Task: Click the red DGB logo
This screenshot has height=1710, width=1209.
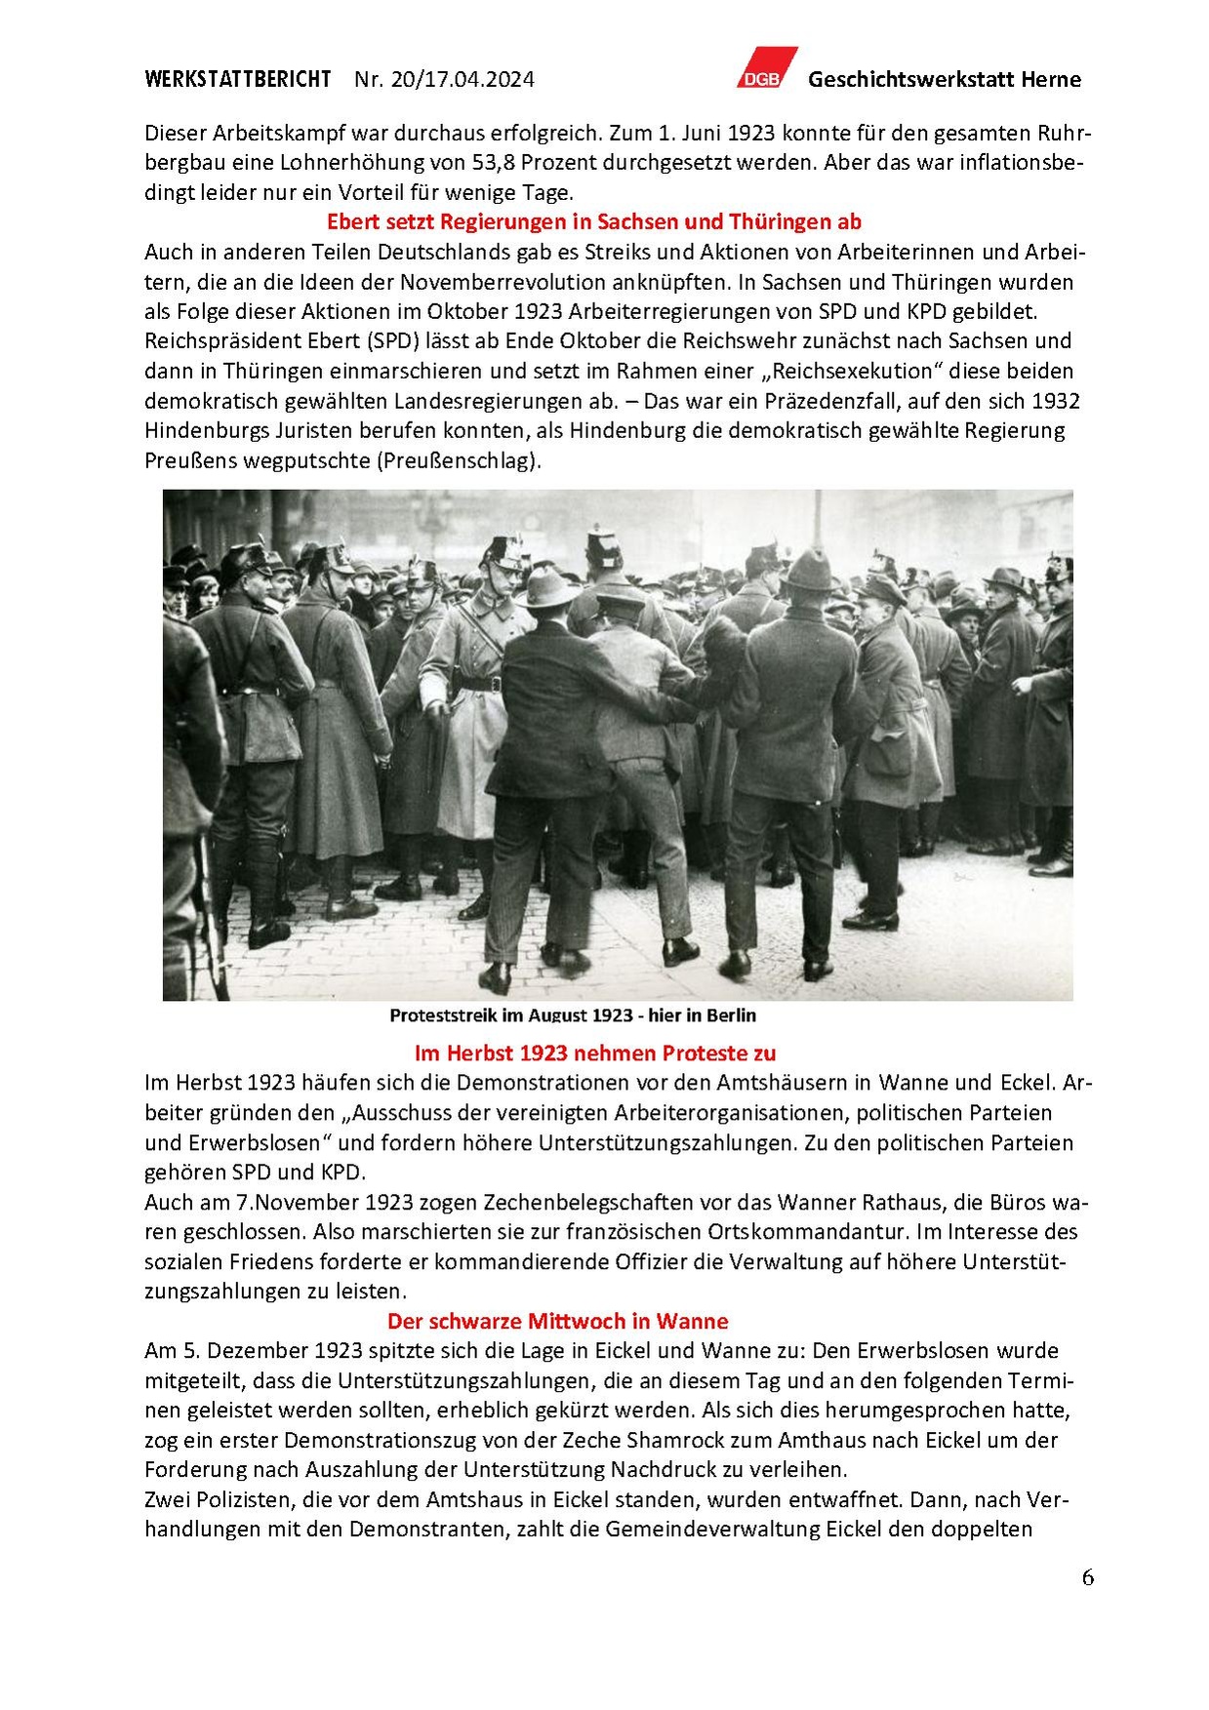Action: (x=766, y=68)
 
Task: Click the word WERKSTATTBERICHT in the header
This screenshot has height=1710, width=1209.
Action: (x=237, y=80)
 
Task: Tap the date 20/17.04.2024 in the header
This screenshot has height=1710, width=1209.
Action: (x=462, y=80)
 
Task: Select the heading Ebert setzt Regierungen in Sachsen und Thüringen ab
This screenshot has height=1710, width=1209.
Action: (x=593, y=221)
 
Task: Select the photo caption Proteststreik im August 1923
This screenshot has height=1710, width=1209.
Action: (x=573, y=1015)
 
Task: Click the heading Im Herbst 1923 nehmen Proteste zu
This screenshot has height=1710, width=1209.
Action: (x=594, y=1054)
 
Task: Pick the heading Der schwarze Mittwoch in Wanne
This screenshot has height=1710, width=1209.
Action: (x=557, y=1322)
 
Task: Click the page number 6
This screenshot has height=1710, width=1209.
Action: (x=1087, y=1577)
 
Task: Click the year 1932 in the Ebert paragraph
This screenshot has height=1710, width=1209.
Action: (x=1055, y=401)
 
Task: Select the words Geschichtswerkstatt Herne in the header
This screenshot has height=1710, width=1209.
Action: (x=944, y=80)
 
